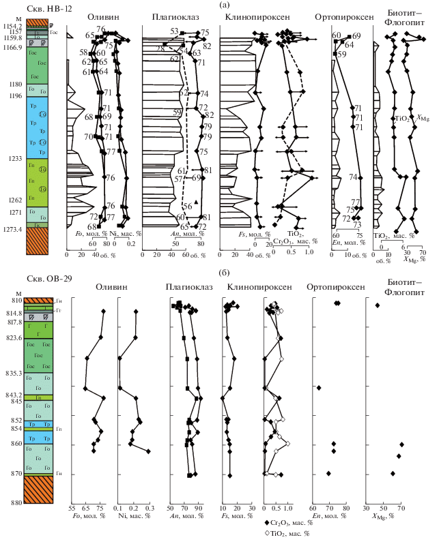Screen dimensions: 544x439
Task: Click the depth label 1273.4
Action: coord(14,229)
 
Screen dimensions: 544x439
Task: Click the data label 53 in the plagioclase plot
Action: coord(174,32)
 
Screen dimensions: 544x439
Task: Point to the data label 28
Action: coord(160,48)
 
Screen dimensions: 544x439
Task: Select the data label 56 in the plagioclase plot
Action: coord(186,206)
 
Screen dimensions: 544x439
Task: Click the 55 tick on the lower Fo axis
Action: coord(72,509)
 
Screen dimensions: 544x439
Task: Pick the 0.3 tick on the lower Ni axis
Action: coord(150,509)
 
